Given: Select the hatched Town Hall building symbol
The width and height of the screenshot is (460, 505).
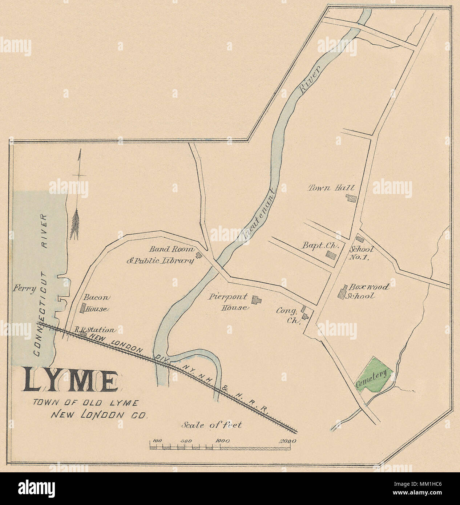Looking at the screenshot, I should [351, 198].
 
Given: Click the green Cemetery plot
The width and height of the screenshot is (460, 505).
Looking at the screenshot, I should [375, 375].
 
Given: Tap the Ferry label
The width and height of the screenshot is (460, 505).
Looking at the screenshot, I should [25, 289].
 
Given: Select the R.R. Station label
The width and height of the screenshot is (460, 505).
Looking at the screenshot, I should [95, 330].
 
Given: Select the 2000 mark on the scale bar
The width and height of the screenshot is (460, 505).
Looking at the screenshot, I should [288, 441].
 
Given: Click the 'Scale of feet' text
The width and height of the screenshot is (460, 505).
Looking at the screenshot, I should [211, 425].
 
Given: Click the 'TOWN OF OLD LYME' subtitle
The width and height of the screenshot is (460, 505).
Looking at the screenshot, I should [85, 403].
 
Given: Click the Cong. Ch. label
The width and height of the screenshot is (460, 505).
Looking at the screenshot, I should [287, 315].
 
